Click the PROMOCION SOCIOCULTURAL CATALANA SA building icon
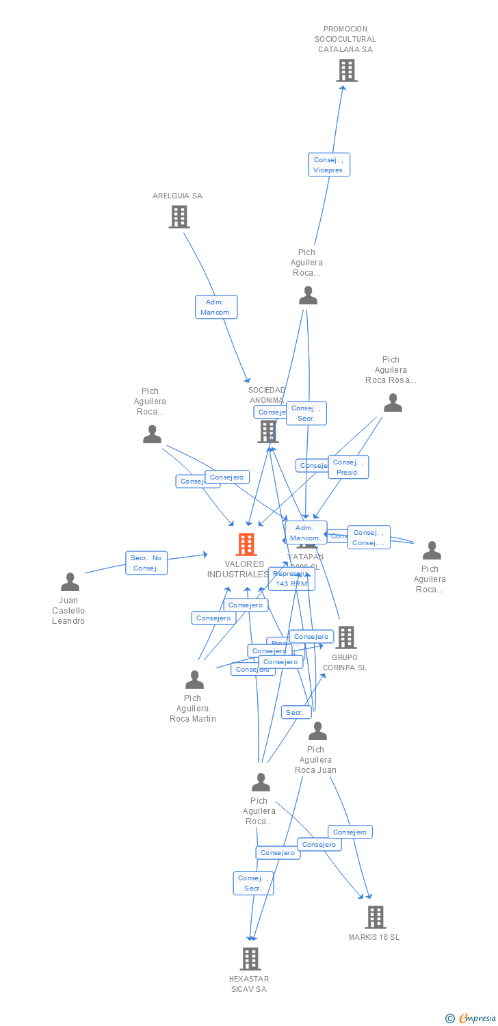(347, 70)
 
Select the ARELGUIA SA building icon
(179, 217)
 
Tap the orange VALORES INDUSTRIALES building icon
(246, 544)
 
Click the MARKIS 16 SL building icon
(375, 917)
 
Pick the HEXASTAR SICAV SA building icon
(250, 959)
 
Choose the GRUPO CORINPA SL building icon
(345, 637)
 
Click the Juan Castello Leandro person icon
(70, 582)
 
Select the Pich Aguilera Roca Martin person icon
(194, 680)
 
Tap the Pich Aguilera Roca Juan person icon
(317, 731)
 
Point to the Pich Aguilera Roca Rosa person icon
(393, 403)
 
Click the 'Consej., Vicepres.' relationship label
(329, 165)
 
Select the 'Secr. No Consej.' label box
(146, 563)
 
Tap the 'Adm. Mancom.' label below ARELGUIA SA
(216, 307)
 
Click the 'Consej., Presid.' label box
(348, 467)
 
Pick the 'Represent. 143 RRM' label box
(291, 579)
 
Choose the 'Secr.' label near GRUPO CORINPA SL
(296, 713)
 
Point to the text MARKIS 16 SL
(374, 937)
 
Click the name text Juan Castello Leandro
(68, 611)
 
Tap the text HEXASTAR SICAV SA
(249, 984)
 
